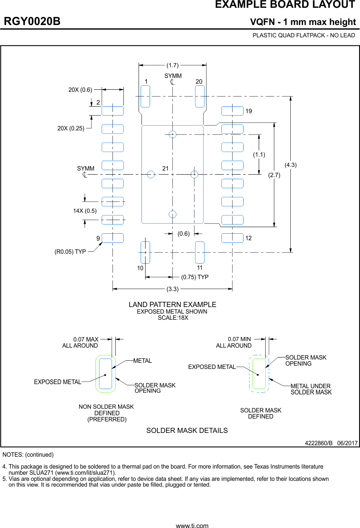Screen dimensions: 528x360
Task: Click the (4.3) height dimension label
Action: point(290,165)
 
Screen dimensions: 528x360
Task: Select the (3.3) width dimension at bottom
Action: point(173,289)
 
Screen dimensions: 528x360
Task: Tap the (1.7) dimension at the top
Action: point(173,65)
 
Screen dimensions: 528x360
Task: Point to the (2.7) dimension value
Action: point(274,175)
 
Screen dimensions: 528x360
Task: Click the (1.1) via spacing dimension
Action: point(259,155)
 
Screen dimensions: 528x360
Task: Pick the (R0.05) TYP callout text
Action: point(70,252)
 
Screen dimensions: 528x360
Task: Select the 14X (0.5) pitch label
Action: point(85,211)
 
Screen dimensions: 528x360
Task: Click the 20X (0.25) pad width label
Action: point(71,128)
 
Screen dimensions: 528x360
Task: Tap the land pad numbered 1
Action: point(145,96)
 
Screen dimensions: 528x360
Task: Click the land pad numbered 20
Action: point(200,96)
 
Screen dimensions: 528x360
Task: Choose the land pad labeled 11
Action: point(200,252)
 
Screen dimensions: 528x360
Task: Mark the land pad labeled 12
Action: point(232,238)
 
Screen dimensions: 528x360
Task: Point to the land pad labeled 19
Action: point(232,111)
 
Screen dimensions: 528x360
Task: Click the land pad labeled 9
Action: point(113,238)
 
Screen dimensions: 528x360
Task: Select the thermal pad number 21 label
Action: point(166,168)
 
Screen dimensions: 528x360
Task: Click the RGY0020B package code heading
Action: point(32,22)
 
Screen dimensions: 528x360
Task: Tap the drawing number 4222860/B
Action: point(319,444)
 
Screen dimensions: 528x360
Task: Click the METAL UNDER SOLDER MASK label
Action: point(311,389)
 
